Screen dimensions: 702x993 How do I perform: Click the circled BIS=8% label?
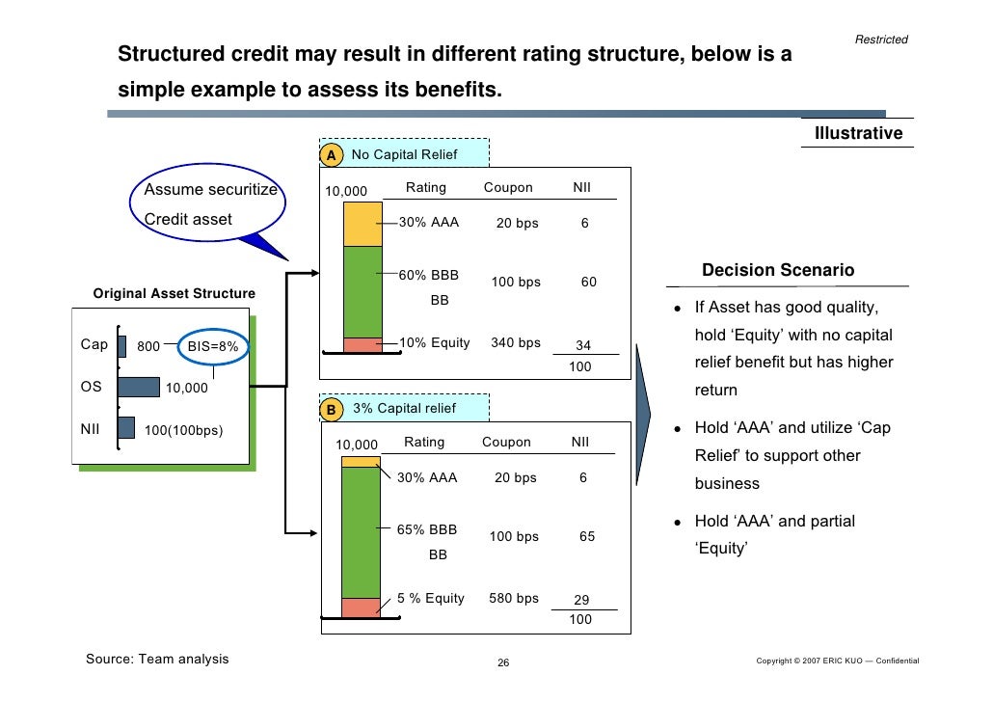[x=212, y=346]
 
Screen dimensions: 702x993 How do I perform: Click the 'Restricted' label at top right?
[x=881, y=40]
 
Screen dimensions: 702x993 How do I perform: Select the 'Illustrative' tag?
[x=858, y=133]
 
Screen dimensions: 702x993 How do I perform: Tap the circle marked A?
[x=331, y=155]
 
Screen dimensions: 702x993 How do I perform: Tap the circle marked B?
[x=331, y=410]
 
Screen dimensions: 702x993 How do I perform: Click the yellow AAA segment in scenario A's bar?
[x=362, y=224]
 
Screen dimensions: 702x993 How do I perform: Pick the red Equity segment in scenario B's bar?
[x=361, y=607]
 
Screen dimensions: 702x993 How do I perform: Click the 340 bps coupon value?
[x=516, y=342]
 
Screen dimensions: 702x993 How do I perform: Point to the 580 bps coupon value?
[x=514, y=598]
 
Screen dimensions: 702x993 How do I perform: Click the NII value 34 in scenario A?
[x=583, y=346]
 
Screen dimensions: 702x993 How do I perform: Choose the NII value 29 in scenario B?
[x=581, y=600]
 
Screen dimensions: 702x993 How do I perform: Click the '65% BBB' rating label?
[x=428, y=529]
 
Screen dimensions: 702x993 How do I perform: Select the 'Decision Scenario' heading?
[x=777, y=270]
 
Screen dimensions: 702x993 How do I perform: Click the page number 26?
[x=502, y=662]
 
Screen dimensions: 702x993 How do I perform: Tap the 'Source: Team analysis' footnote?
[x=158, y=659]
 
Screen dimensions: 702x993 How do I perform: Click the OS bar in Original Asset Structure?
[x=139, y=387]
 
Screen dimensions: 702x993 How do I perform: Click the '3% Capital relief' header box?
[x=404, y=408]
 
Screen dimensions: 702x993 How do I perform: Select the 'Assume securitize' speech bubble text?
[x=210, y=190]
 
